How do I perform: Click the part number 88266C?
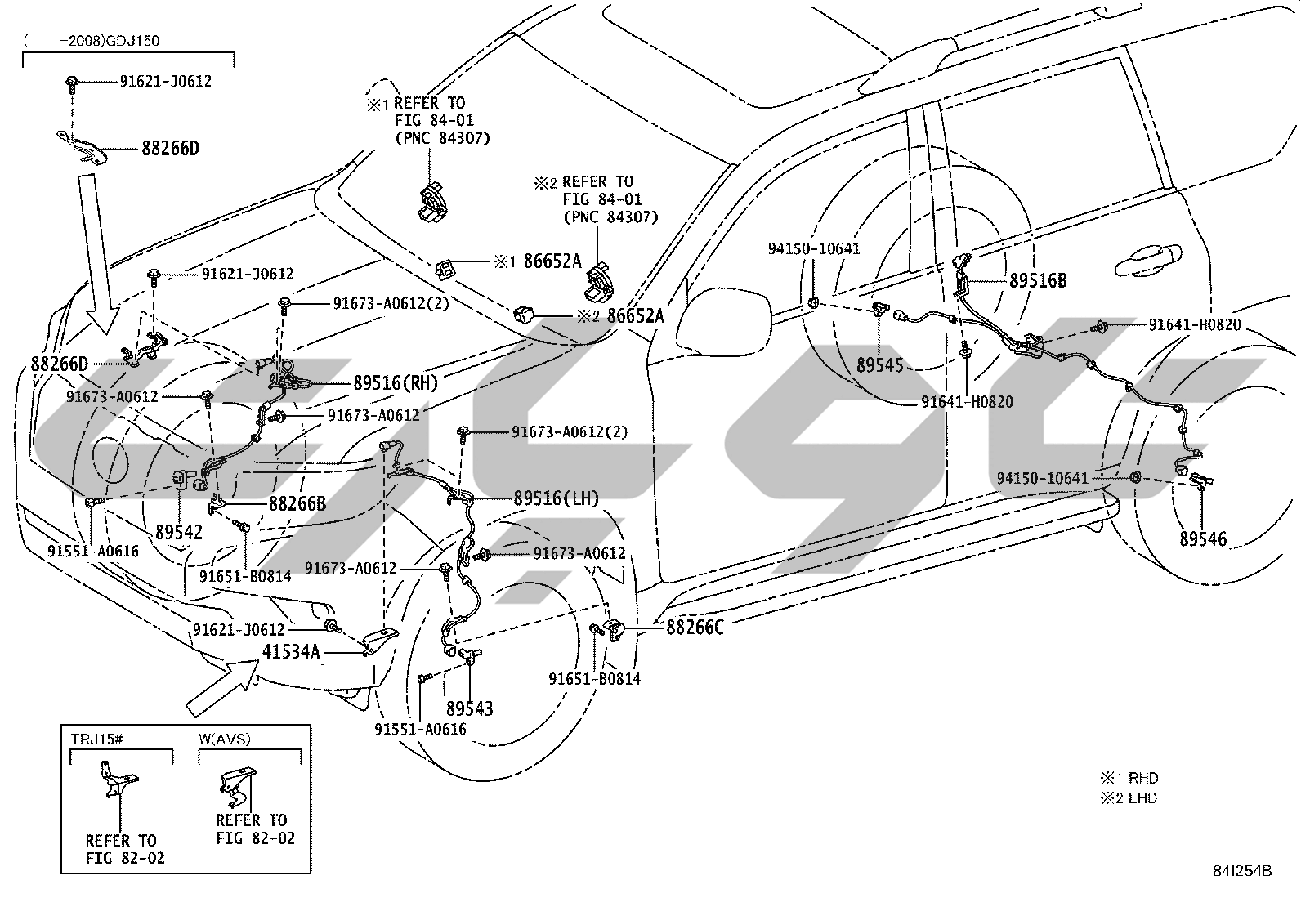point(695,628)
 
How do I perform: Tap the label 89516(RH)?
point(396,382)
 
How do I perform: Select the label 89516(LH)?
point(556,498)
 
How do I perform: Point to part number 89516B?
point(1038,280)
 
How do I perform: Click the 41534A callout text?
point(291,652)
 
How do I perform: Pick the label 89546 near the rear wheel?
point(1203,539)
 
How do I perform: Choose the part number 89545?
point(880,365)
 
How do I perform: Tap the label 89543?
point(469,708)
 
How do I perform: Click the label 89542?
point(179,532)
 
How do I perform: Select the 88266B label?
point(297,503)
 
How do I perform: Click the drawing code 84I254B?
point(1242,871)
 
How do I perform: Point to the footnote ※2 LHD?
point(1129,798)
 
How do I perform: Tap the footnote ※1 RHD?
point(1129,778)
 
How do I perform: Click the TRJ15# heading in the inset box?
point(97,739)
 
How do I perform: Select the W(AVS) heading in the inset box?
point(225,739)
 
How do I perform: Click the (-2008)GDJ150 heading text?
point(92,41)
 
